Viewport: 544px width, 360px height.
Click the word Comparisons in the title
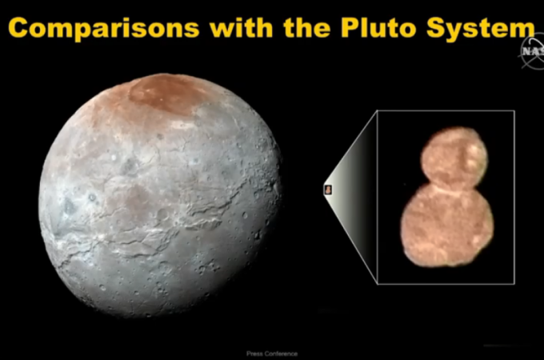click(104, 29)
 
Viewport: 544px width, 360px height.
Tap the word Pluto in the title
click(378, 27)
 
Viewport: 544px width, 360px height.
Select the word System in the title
click(481, 29)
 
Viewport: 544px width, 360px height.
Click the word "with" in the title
click(242, 27)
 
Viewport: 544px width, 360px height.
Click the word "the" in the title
click(307, 27)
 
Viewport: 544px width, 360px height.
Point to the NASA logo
click(533, 51)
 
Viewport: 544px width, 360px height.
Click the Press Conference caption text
click(272, 354)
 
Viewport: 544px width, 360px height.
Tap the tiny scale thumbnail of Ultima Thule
click(328, 190)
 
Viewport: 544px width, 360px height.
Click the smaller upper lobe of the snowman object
click(454, 158)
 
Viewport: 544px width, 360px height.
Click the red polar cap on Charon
click(162, 94)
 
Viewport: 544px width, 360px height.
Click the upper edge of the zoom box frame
click(446, 111)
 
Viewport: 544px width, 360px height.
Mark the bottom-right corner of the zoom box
click(514, 284)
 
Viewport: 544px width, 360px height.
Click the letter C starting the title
click(18, 27)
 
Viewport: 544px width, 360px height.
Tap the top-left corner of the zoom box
click(378, 111)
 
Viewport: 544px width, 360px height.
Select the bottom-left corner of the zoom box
click(378, 284)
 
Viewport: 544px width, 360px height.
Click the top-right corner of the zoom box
click(514, 111)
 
